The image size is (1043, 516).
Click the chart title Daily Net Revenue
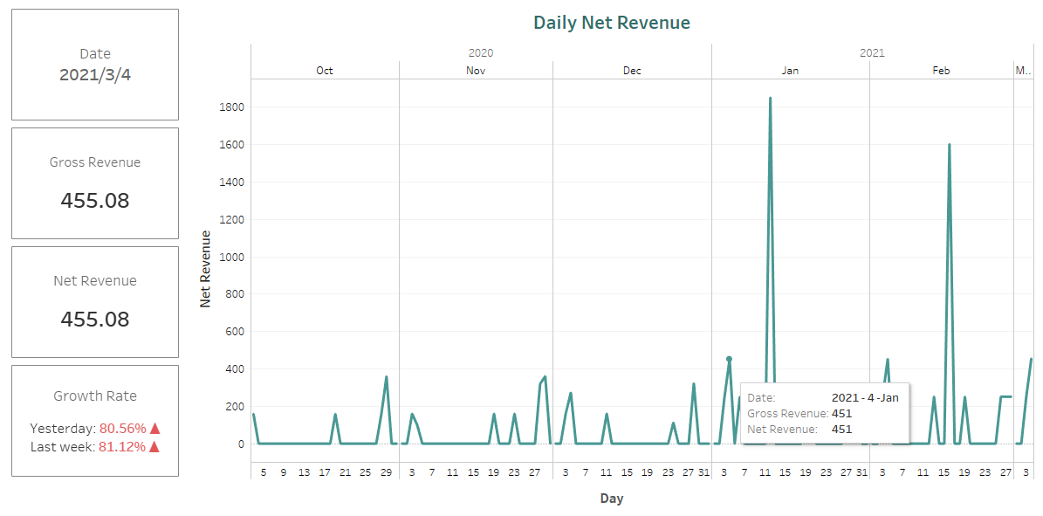click(x=611, y=23)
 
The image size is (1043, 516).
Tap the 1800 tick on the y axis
click(x=233, y=107)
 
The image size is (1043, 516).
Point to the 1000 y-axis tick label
click(x=233, y=258)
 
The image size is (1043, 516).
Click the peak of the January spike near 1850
click(x=770, y=98)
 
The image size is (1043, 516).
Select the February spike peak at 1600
click(x=949, y=145)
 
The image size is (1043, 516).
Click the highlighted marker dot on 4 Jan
click(x=729, y=359)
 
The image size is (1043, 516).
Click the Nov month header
click(x=476, y=71)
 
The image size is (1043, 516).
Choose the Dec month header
click(x=632, y=71)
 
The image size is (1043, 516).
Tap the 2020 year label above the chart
click(x=480, y=53)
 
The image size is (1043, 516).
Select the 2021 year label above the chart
click(x=872, y=53)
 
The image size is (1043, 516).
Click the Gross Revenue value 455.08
click(x=94, y=201)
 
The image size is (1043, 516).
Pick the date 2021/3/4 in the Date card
click(x=94, y=75)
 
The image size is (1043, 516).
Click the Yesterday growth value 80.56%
click(x=122, y=429)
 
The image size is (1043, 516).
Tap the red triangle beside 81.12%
click(x=154, y=446)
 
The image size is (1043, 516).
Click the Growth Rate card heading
click(x=94, y=396)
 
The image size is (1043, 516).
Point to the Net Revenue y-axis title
click(x=206, y=268)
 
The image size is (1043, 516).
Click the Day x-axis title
click(x=611, y=499)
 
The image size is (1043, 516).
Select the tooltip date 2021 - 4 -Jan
click(x=864, y=397)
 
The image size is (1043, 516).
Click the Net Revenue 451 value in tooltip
click(x=841, y=429)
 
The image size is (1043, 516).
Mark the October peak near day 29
click(x=387, y=377)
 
